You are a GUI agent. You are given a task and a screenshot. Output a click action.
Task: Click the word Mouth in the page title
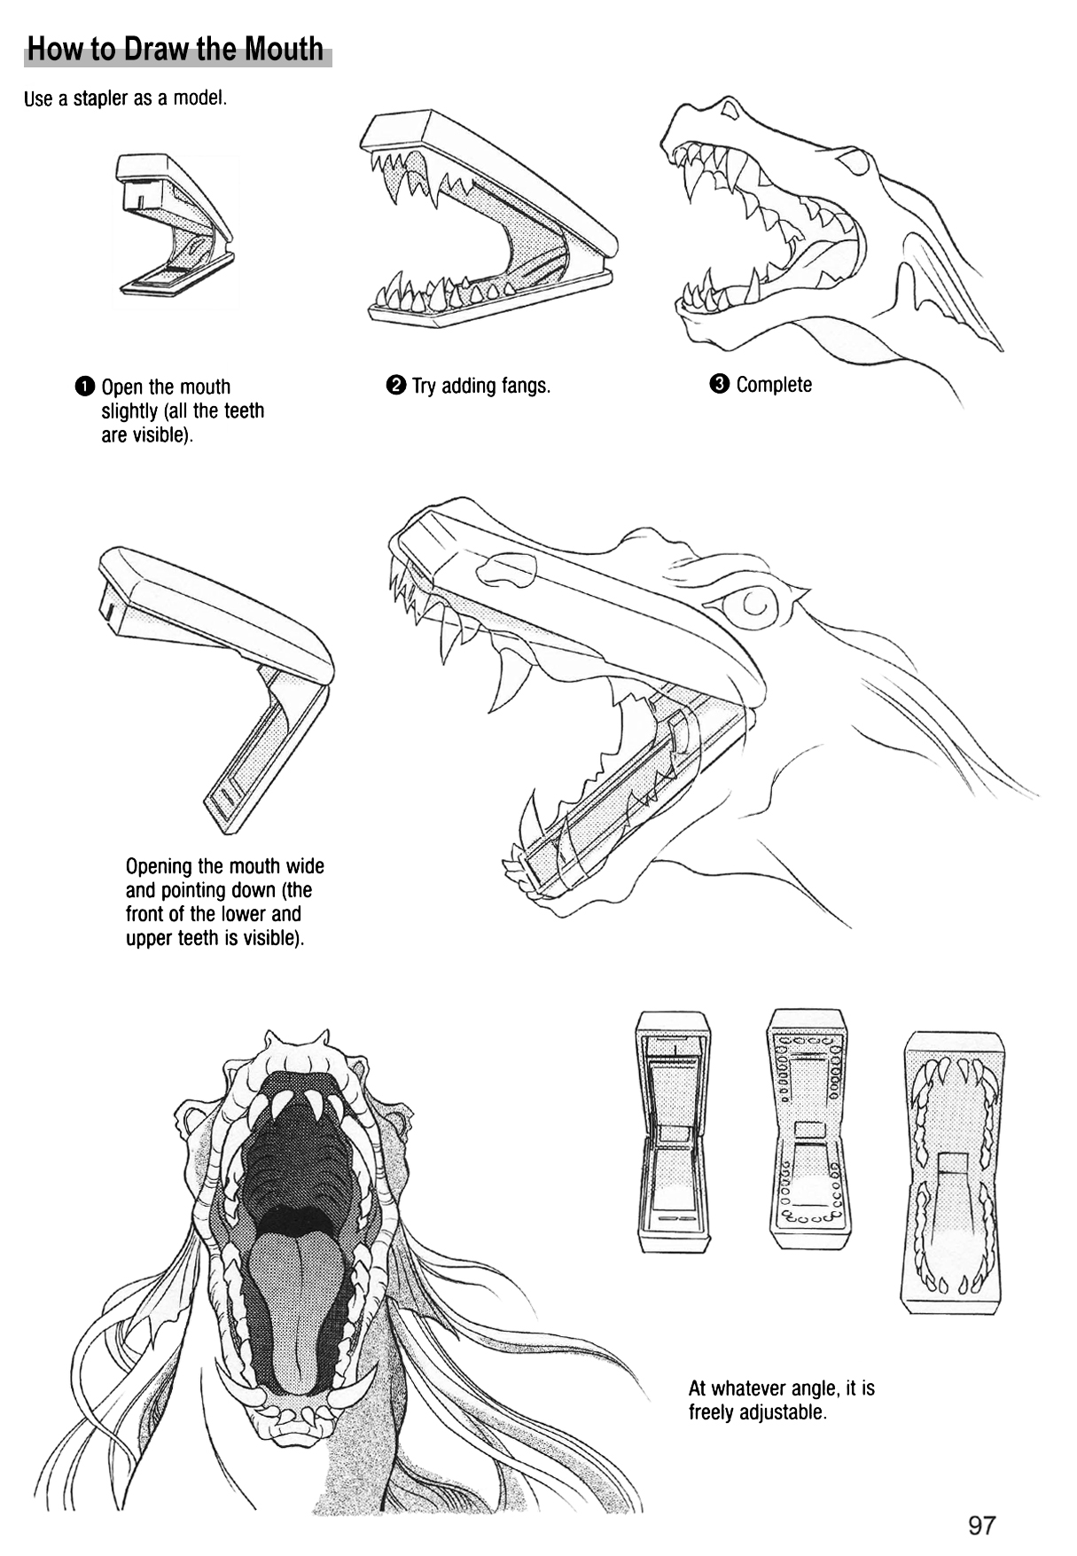tap(284, 50)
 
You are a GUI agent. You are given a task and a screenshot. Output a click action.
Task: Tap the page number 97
tap(981, 1525)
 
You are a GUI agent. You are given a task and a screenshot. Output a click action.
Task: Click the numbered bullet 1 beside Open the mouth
tap(84, 387)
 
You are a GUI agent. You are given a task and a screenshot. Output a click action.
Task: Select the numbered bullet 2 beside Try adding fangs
tap(395, 385)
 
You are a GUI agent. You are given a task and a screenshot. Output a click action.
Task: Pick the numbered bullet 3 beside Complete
tap(719, 384)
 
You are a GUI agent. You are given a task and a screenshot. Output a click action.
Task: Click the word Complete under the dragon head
tap(774, 385)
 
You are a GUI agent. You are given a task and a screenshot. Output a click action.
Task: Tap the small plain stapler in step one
tap(174, 226)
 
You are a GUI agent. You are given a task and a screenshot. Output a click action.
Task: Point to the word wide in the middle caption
tap(305, 866)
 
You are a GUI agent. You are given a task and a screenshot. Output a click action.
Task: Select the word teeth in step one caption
tap(244, 411)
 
